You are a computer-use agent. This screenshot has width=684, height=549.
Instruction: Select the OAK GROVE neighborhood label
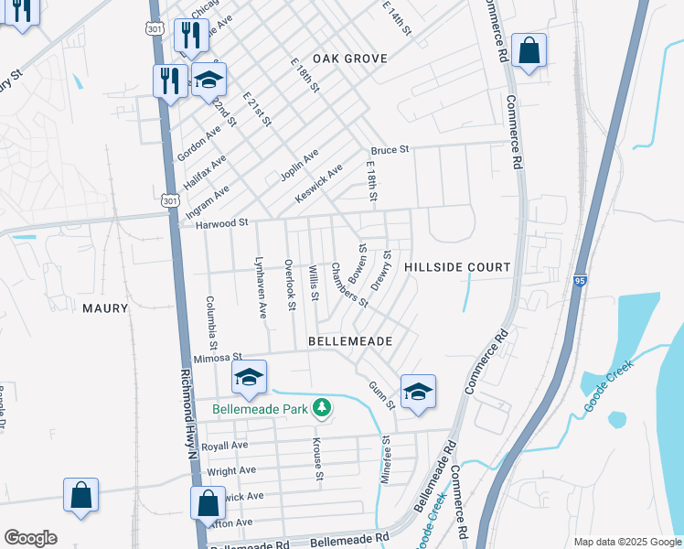350,59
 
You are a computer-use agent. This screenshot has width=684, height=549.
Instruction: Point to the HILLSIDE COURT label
456,267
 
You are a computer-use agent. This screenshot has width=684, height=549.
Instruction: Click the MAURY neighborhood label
105,308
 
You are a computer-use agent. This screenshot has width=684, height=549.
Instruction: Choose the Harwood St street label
223,222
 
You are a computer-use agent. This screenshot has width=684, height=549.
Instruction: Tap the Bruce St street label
389,149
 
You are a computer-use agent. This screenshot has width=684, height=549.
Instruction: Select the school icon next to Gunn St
418,392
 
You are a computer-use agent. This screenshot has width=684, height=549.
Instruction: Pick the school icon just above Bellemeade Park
249,376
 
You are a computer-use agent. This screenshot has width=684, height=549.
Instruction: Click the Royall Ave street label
225,446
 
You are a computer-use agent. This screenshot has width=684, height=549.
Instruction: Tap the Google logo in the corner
30,538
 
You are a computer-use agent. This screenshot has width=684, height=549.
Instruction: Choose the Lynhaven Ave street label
261,286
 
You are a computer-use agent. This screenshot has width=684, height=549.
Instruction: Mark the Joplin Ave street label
299,165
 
